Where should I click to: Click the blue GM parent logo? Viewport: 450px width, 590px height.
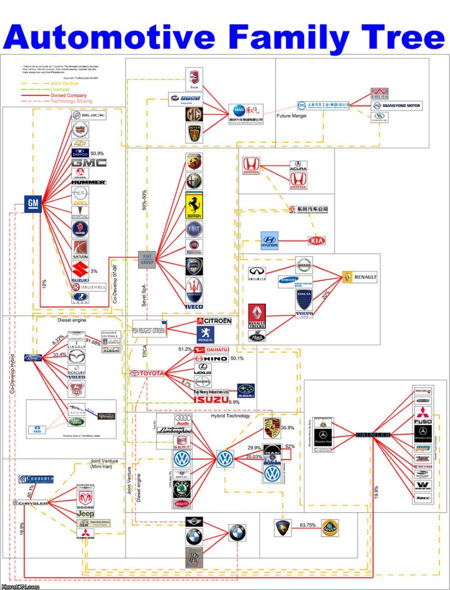(33, 203)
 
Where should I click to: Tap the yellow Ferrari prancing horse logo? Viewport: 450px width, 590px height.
(194, 205)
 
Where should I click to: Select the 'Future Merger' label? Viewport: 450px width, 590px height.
(292, 116)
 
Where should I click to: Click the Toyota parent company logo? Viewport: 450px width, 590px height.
(147, 373)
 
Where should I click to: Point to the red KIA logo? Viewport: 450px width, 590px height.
(316, 241)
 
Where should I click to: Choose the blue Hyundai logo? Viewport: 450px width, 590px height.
(269, 241)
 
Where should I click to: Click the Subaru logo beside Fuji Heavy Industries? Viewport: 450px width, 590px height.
(246, 390)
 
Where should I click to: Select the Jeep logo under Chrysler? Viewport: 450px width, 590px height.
(85, 514)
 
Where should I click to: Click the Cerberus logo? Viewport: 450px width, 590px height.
(36, 480)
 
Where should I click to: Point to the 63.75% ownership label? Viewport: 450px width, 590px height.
(307, 525)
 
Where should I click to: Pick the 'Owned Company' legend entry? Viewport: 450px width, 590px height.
(68, 95)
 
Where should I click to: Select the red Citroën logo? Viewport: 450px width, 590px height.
(214, 320)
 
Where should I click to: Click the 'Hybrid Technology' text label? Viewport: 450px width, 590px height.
(230, 416)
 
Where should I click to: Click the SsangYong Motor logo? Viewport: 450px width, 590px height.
(396, 105)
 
